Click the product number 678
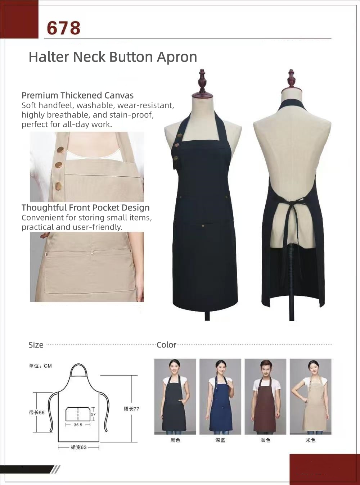coord(63,28)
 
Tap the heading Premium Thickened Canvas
coord(77,95)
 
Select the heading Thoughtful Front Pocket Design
coord(86,208)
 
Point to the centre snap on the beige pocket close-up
coord(92,253)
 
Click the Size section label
coord(36,345)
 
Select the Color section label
coord(166,345)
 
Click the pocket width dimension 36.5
coord(78,425)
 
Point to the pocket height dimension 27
coord(94,414)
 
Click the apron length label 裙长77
coord(131,409)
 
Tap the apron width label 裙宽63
coord(78,447)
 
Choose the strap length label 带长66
coord(37,412)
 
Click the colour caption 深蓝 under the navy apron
coord(220,440)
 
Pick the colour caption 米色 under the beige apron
coord(311,440)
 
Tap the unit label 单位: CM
coord(40,366)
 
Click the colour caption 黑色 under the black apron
coord(175,440)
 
